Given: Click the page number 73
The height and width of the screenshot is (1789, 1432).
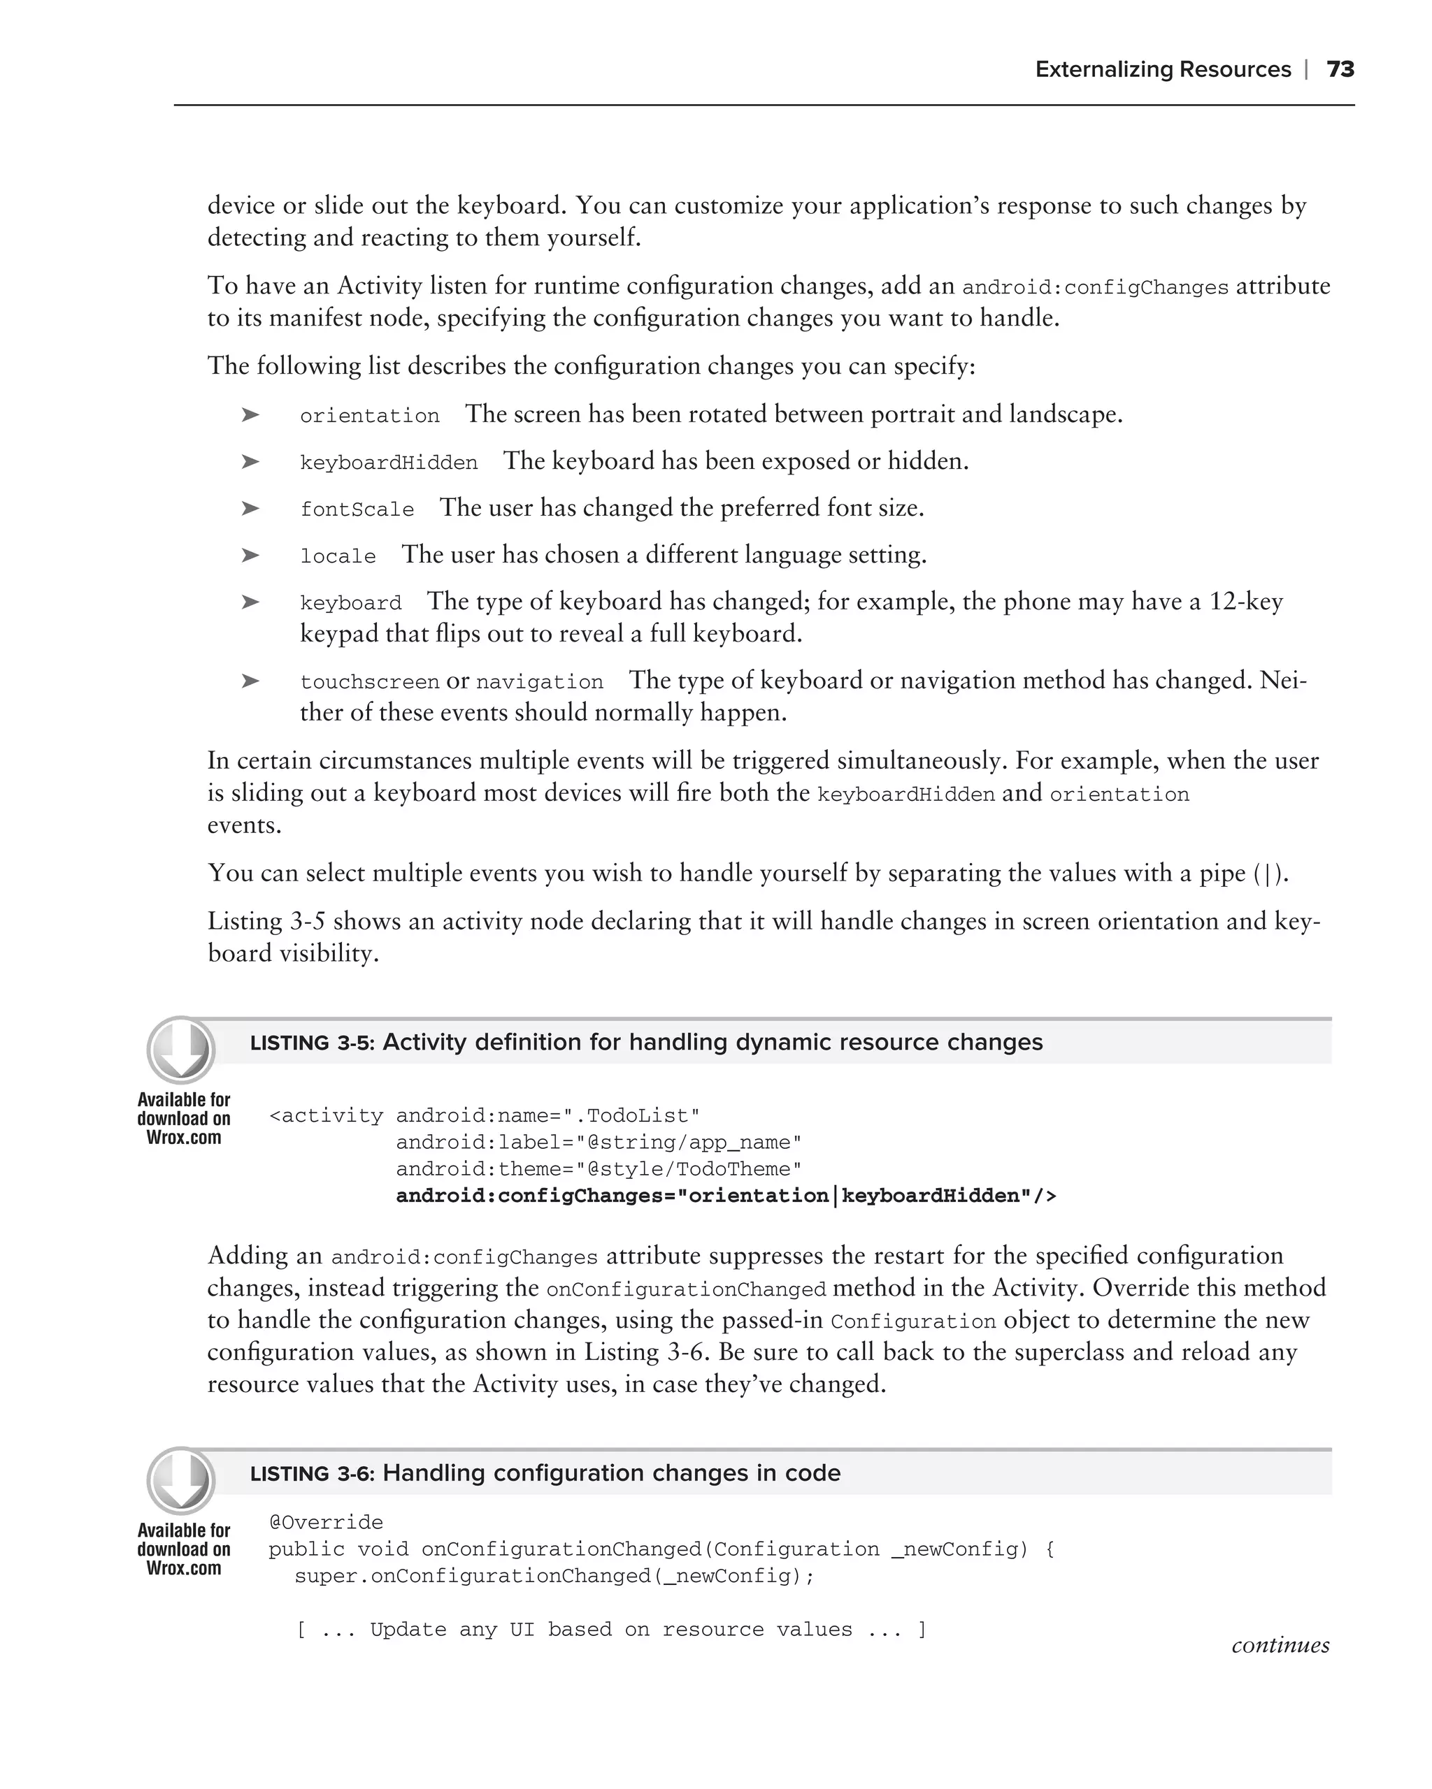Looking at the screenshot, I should tap(1340, 70).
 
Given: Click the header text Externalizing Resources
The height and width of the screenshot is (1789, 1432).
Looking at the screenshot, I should tap(1162, 70).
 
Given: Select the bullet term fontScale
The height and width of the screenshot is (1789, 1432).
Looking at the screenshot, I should tap(357, 509).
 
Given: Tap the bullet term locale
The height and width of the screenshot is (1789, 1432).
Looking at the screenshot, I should tap(338, 556).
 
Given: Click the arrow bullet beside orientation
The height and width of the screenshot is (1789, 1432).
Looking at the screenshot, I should tap(250, 414).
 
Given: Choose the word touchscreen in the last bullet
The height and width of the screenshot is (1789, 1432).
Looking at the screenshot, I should tap(369, 682).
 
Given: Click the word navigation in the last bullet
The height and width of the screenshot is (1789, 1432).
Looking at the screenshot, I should tap(540, 682).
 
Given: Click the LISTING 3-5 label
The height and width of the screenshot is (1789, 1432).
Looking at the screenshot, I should tap(312, 1044).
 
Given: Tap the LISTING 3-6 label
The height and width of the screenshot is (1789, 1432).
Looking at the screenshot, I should tap(312, 1475).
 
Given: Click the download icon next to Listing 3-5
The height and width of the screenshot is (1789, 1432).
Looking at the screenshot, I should tap(181, 1050).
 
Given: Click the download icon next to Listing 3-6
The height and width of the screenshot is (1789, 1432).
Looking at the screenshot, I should tap(181, 1481).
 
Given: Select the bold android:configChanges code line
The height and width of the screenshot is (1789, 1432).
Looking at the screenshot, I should tap(726, 1196).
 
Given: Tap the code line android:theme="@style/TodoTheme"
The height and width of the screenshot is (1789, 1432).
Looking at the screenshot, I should tap(599, 1169).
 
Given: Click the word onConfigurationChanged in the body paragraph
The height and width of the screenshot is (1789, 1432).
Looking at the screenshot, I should tap(686, 1289).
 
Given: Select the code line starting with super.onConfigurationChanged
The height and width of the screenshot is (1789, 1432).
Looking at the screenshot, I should tap(554, 1576).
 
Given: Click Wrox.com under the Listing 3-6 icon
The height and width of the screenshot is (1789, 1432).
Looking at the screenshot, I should tap(183, 1568).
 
